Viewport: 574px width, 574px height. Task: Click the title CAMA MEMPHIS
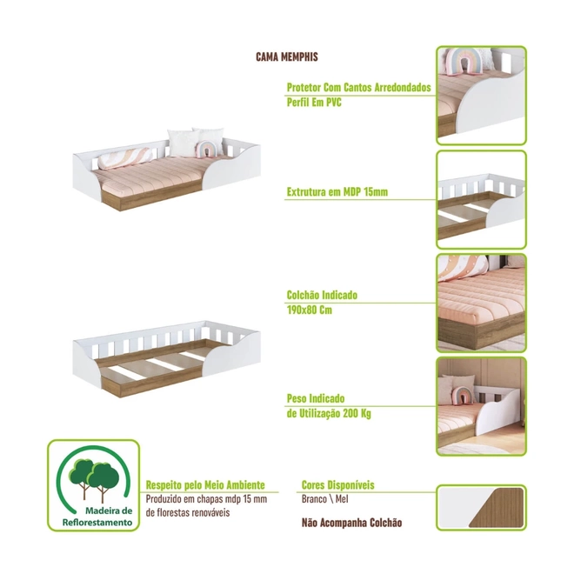point(287,57)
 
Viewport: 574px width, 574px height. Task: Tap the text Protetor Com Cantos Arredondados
point(358,88)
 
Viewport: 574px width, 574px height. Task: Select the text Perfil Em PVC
point(314,102)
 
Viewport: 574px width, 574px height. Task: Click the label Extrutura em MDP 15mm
point(337,192)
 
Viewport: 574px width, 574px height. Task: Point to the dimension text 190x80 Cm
point(310,310)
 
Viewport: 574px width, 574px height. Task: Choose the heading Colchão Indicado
point(322,295)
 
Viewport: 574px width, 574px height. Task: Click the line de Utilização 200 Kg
point(329,414)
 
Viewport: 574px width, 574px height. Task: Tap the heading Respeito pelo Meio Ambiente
point(205,485)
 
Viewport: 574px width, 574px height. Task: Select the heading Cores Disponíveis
point(338,485)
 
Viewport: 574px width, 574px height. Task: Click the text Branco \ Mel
point(325,499)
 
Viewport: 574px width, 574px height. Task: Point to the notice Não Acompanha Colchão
point(352,523)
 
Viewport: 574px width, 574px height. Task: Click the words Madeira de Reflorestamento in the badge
point(97,517)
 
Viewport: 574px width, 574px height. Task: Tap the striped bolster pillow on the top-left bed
point(125,157)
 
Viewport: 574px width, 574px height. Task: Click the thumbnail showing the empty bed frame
point(482,200)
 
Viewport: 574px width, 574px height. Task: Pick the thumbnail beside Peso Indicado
point(482,406)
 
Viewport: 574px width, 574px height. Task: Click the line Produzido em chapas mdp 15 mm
point(206,499)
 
